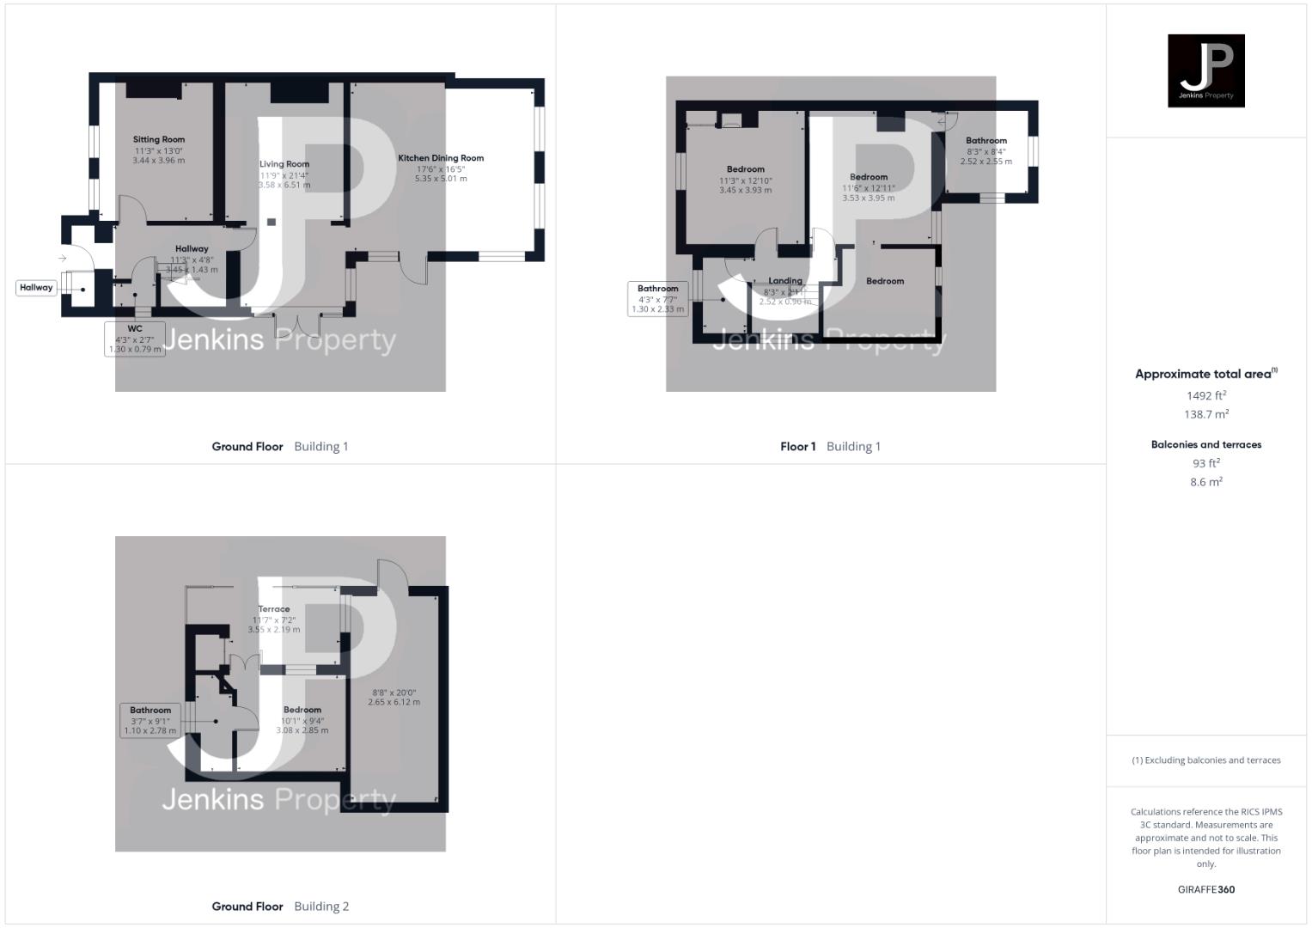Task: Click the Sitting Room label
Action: (159, 139)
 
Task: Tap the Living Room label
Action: (284, 164)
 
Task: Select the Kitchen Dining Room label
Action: (441, 158)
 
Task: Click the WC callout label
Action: (135, 329)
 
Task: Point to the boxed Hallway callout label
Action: (36, 288)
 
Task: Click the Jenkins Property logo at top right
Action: (1205, 70)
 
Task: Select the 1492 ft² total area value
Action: (1206, 395)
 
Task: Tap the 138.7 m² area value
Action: (1206, 414)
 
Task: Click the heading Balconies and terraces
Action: (1206, 444)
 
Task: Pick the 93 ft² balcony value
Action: (1206, 463)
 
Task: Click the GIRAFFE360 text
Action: (1206, 889)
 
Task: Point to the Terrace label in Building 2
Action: (274, 609)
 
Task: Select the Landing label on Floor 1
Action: (785, 281)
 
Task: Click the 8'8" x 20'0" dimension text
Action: (394, 693)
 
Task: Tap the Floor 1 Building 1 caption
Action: (830, 446)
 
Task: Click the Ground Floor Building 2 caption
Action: (280, 906)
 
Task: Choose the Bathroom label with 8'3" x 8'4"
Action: (986, 141)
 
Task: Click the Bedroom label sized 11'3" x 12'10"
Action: (746, 169)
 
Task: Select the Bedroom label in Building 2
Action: (302, 710)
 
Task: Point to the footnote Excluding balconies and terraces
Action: (1206, 760)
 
